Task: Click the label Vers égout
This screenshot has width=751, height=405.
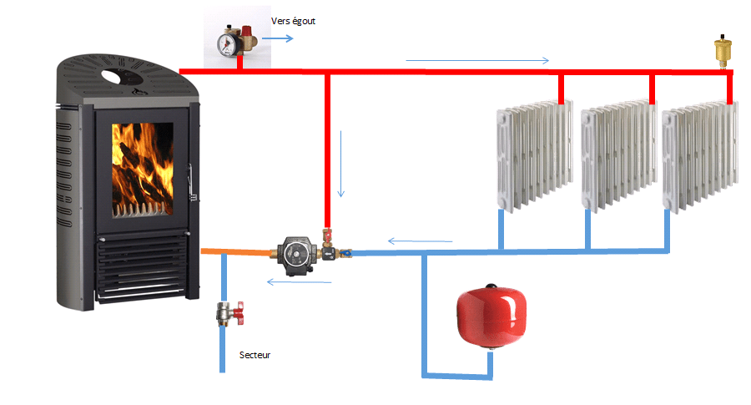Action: click(x=294, y=20)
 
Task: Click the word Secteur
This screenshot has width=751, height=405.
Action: click(x=255, y=355)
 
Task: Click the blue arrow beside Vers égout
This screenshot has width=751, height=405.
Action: click(x=279, y=38)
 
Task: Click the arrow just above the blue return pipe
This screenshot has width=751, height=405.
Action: click(x=421, y=242)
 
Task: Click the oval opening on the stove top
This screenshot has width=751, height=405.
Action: click(x=122, y=78)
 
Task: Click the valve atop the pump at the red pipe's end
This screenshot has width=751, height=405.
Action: click(x=328, y=232)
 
